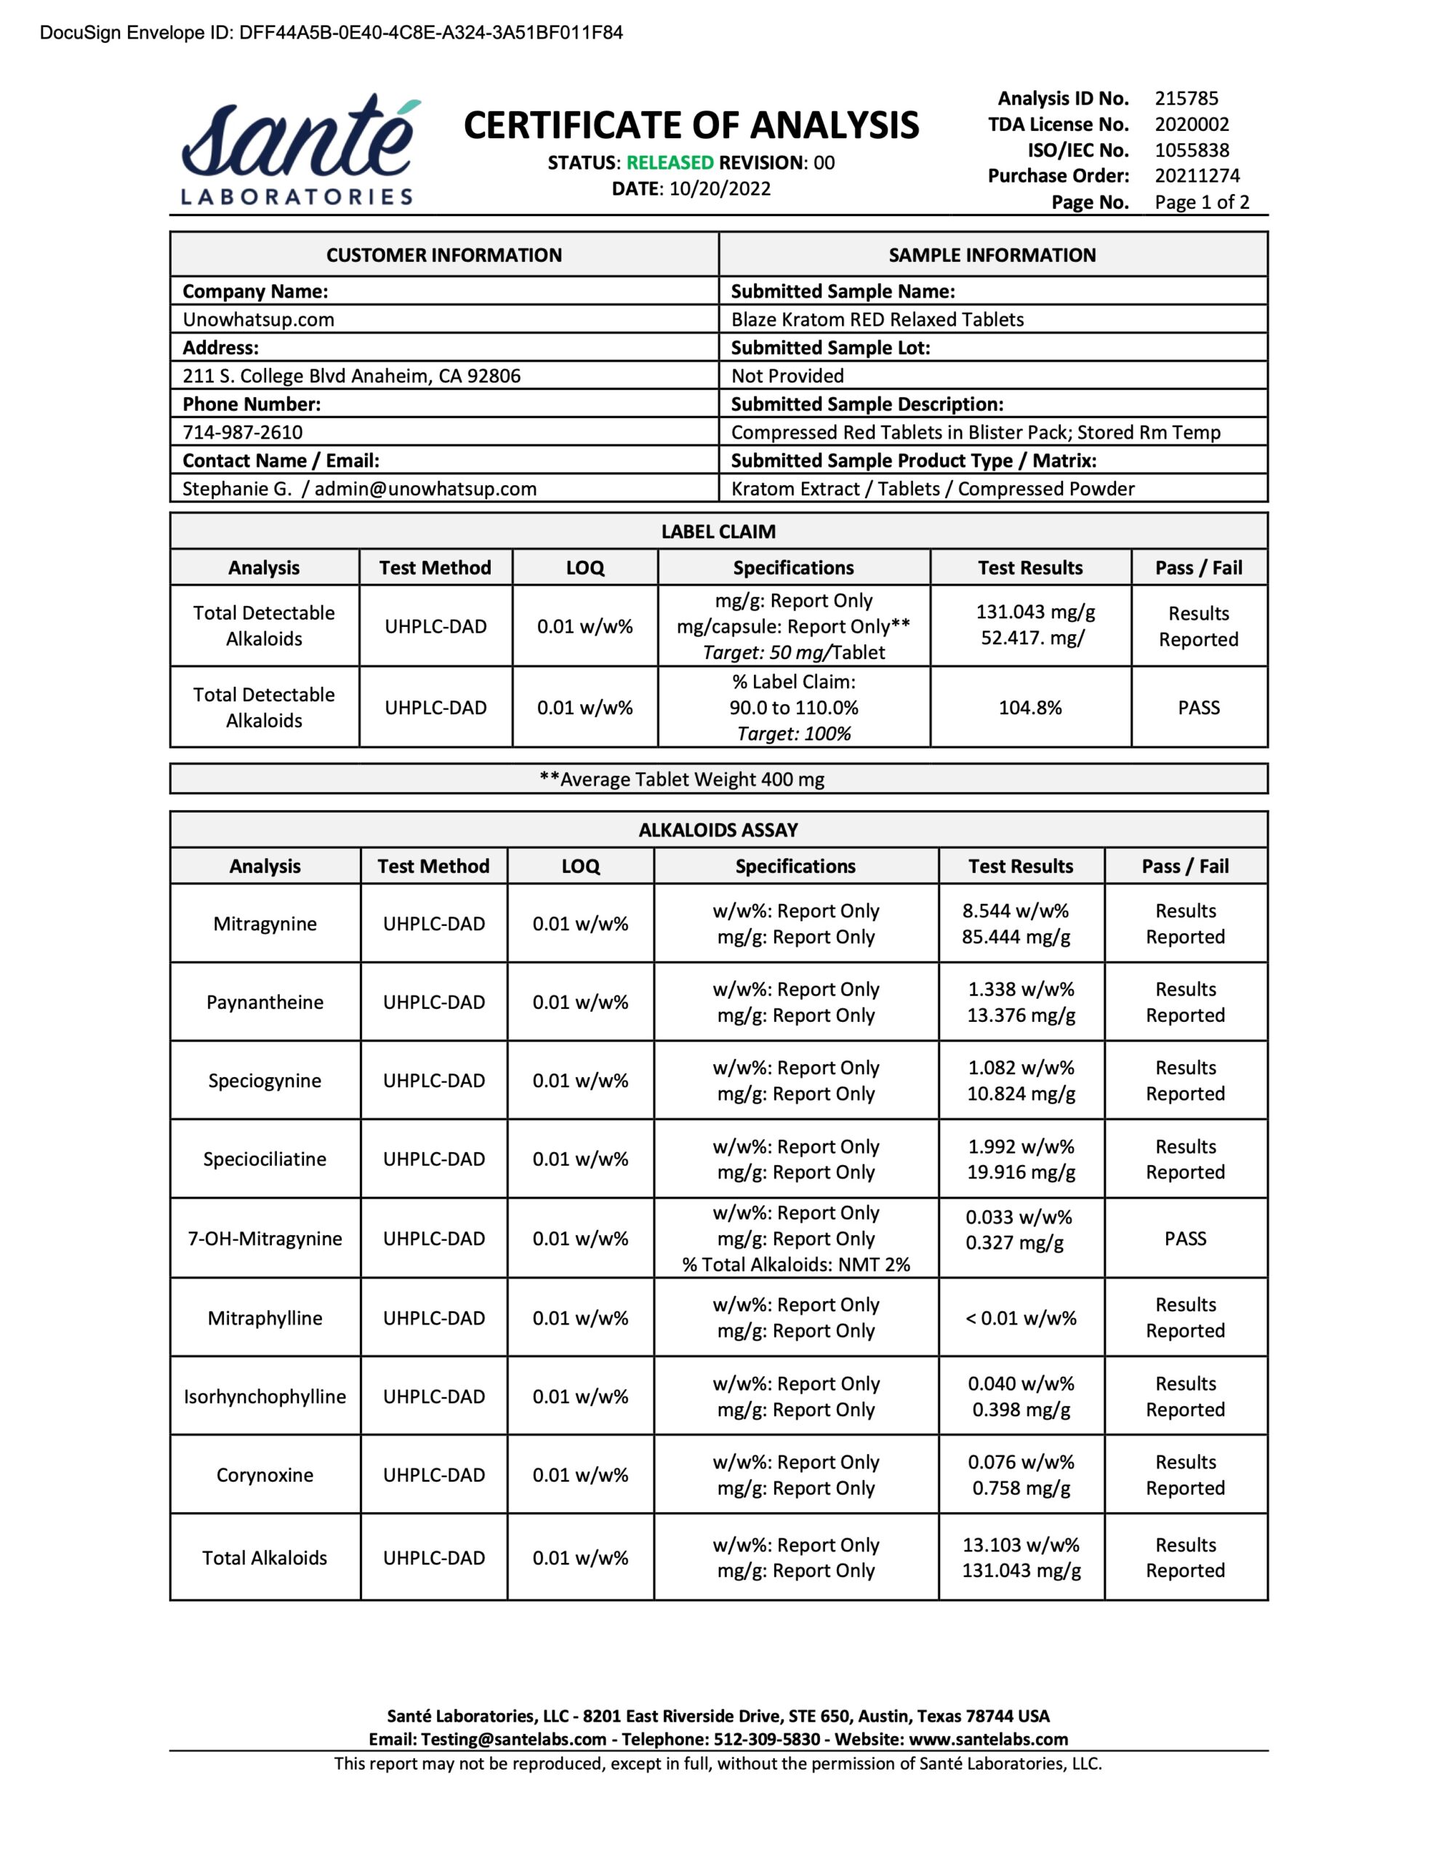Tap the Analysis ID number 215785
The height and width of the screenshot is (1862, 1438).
click(1186, 99)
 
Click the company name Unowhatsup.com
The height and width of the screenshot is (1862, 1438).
click(258, 320)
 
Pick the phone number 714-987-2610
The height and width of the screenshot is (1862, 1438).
click(242, 432)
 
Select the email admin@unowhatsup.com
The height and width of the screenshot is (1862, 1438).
click(425, 489)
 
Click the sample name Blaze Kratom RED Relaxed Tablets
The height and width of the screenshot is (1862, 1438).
click(877, 320)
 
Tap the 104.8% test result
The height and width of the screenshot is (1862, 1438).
click(1029, 708)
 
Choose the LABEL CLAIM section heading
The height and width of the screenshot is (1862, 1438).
click(718, 531)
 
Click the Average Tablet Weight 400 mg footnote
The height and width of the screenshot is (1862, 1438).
click(682, 779)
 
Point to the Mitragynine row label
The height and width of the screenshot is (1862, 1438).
click(265, 924)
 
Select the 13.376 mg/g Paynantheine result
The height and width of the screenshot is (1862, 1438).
click(1020, 1015)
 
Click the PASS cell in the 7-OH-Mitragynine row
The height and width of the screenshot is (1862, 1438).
click(1185, 1239)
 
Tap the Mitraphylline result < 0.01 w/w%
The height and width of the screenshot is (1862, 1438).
click(1020, 1318)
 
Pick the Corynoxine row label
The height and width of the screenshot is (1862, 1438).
click(265, 1475)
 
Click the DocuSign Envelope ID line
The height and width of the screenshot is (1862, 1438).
click(332, 33)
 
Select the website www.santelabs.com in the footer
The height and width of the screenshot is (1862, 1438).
click(988, 1739)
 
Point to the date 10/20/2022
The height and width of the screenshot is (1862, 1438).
click(720, 189)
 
